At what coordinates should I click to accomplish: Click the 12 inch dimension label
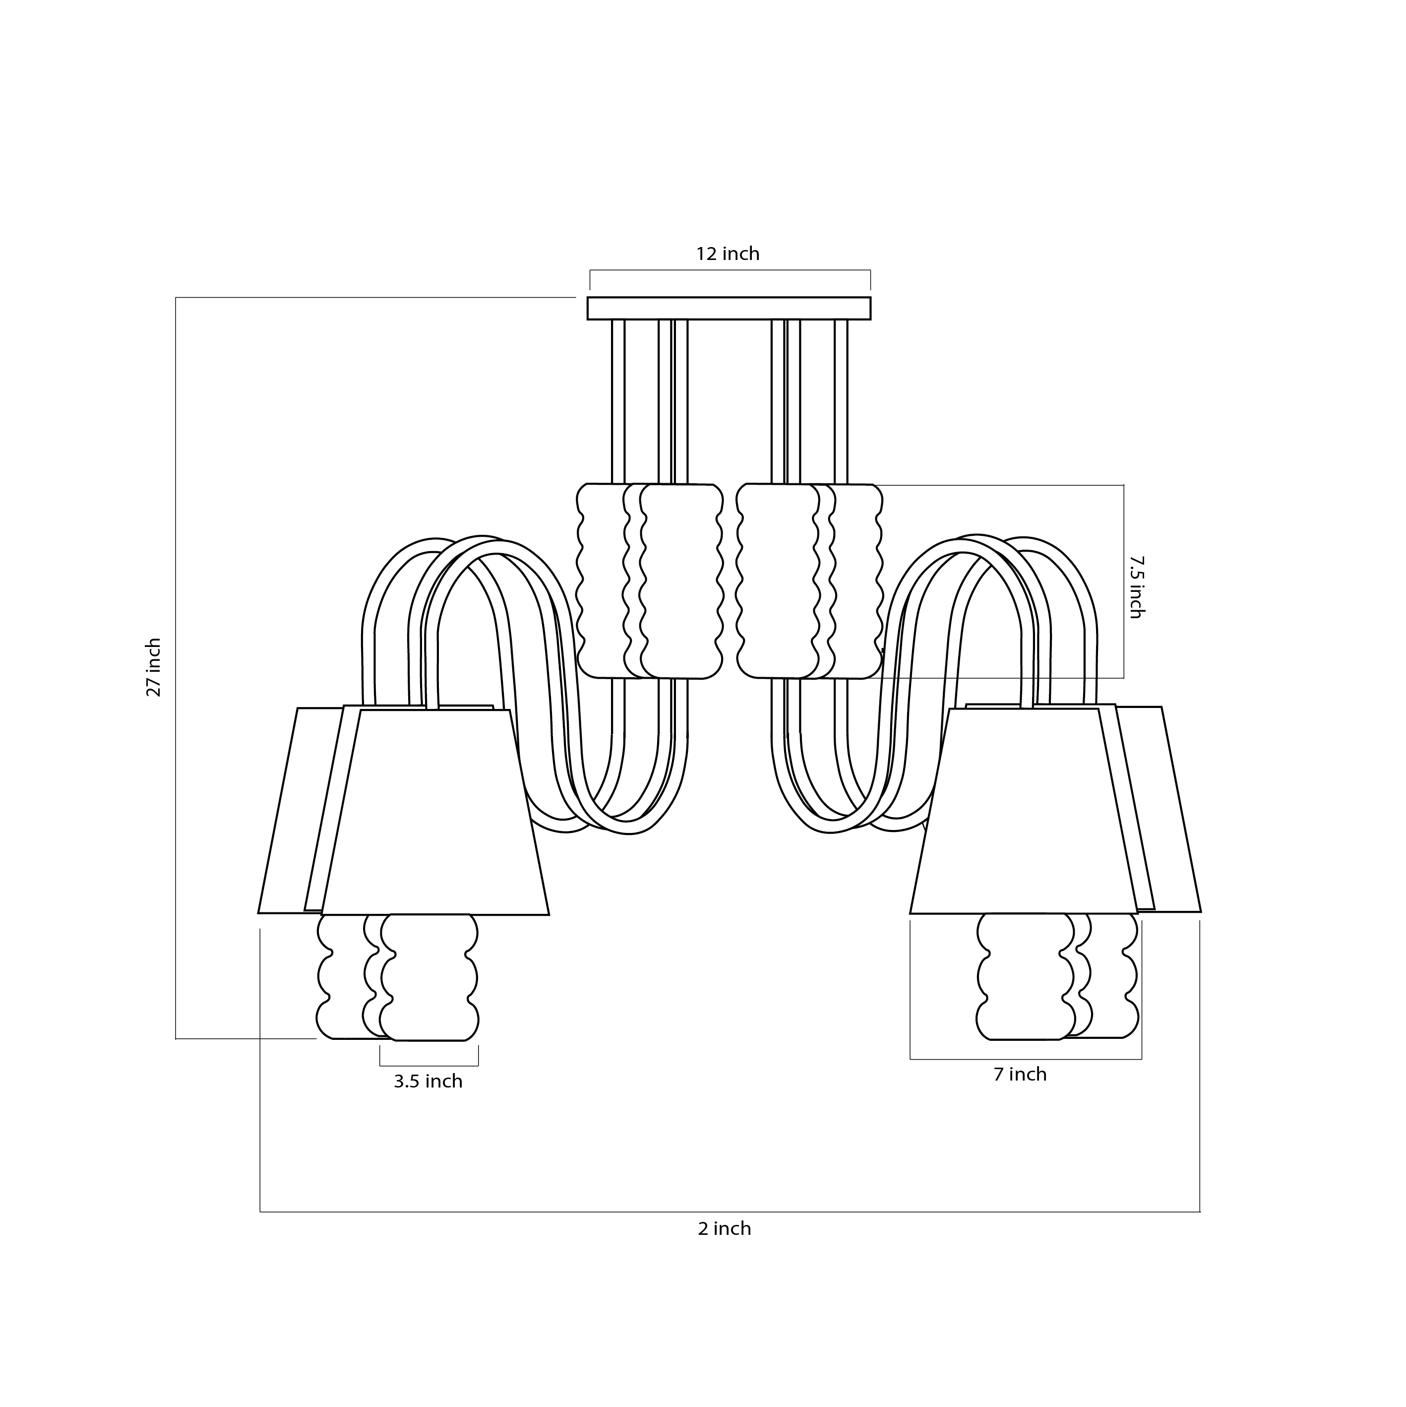point(728,254)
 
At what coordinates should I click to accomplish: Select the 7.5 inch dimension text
point(1135,587)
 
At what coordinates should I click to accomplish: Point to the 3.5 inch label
point(428,1082)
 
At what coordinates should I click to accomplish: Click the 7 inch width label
point(1020,1074)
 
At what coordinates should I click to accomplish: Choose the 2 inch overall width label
point(725,1228)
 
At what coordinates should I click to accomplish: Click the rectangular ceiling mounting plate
point(729,308)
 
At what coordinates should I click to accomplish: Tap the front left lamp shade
point(435,812)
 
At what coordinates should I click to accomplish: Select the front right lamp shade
point(1023,812)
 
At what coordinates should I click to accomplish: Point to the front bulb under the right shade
point(1025,976)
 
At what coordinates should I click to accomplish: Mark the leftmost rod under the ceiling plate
point(618,400)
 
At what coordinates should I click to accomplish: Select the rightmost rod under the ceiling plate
point(841,400)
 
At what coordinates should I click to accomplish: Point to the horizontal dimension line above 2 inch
point(728,1212)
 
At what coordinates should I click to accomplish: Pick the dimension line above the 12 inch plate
point(730,270)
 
